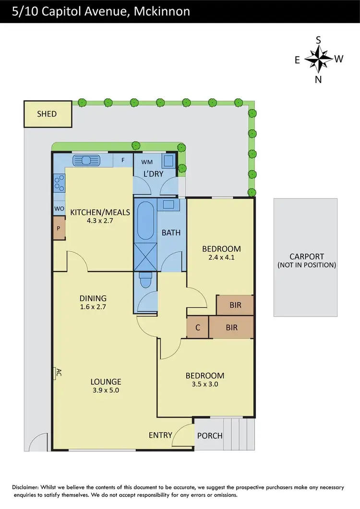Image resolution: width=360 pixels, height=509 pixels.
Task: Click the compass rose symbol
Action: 318,59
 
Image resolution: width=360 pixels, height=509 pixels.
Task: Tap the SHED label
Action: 47,114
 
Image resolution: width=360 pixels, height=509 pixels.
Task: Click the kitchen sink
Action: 86,160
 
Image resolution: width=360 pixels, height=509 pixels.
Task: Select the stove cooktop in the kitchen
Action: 60,183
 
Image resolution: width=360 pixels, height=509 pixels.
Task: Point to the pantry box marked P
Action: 59,228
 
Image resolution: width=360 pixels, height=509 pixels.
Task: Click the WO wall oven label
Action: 59,209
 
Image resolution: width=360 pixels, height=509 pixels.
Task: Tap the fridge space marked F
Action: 123,160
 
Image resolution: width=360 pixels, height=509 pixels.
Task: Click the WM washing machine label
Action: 147,162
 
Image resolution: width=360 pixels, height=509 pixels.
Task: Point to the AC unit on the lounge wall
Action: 56,373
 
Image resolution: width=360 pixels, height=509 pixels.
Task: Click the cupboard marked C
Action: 198,328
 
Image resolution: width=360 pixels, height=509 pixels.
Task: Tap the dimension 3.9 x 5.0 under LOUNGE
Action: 106,391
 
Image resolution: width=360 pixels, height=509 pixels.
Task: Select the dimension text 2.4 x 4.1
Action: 221,257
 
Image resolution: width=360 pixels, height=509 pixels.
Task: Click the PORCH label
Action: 210,436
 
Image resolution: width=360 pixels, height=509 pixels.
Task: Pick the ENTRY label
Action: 160,435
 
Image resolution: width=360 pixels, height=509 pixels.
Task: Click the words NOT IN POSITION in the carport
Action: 306,265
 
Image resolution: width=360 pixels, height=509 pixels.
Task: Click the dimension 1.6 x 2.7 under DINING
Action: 93,307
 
